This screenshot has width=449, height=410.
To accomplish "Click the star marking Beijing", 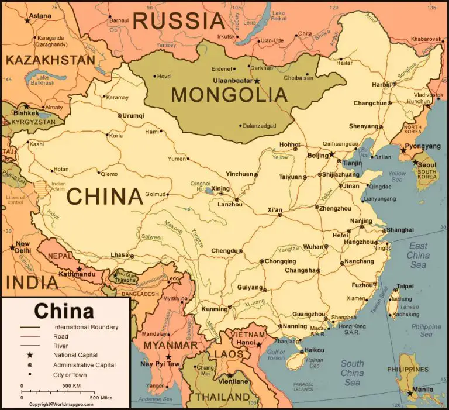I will (332, 154).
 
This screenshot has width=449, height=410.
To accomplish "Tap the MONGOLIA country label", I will (229, 94).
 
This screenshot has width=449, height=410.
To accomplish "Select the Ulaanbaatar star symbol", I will (257, 81).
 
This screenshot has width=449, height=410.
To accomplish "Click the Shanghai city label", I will (400, 230).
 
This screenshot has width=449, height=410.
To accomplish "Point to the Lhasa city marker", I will (132, 256).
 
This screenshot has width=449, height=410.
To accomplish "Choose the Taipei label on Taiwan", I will (405, 287).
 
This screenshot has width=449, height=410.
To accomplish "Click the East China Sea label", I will (418, 255).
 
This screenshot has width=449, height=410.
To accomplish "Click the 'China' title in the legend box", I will (64, 311).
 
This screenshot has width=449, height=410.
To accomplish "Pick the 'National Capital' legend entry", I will (75, 354).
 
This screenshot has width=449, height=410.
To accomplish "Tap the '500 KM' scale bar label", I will (71, 386).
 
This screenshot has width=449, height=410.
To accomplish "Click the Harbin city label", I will (381, 84).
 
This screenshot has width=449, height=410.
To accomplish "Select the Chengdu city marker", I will (240, 251).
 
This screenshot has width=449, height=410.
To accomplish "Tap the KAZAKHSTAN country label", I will (50, 60).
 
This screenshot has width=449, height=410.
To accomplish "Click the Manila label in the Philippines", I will (422, 389).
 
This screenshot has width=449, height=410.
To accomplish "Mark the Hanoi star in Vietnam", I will (259, 345).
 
